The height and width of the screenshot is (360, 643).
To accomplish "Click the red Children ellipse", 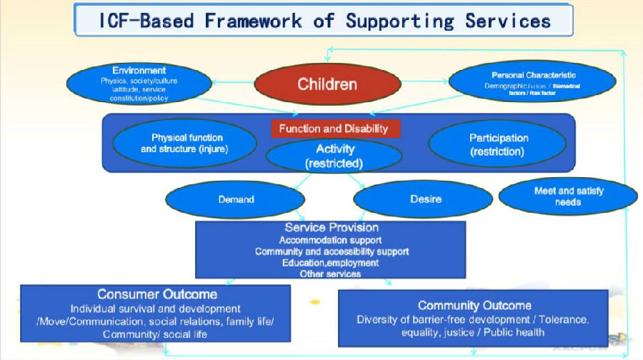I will click(327, 84).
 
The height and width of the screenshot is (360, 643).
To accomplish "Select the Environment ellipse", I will click(139, 84).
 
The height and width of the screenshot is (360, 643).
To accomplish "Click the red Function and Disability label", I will click(334, 129).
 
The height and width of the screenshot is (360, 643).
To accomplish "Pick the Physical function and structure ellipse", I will click(187, 144).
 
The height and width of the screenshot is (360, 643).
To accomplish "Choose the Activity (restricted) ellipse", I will click(334, 156).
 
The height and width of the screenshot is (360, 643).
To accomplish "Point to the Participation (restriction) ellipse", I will click(498, 144).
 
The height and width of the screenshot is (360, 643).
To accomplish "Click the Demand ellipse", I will click(236, 199).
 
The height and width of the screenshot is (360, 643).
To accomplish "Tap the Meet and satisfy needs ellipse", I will click(567, 196).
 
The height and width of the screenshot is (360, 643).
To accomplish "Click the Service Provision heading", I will click(332, 228).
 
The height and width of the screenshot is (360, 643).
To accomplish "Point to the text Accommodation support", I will click(330, 240).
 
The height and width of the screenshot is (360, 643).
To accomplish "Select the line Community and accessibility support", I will click(332, 251).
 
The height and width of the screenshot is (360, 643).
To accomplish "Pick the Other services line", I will click(330, 274).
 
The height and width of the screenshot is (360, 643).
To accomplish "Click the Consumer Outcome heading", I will click(157, 294).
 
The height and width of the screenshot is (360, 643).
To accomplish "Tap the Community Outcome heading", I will click(474, 306).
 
